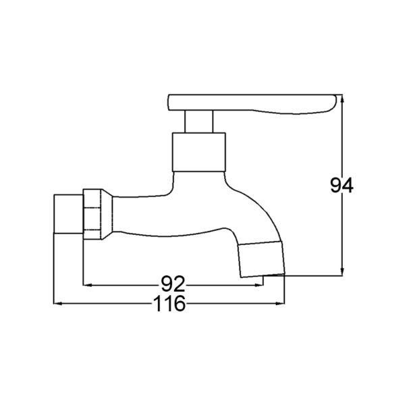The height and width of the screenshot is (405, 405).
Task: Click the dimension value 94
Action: pos(342,186)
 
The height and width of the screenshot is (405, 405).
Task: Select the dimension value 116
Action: pos(169,304)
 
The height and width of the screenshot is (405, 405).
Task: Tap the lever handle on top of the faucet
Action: pos(252,104)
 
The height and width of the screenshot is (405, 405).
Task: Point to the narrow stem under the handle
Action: pos(198,122)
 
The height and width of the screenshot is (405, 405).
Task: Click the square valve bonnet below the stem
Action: pos(199,152)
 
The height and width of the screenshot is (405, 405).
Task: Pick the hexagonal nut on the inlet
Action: pos(92,214)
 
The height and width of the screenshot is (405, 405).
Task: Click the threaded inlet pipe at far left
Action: pos(68,214)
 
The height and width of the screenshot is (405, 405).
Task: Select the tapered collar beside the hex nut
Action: pos(107,214)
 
